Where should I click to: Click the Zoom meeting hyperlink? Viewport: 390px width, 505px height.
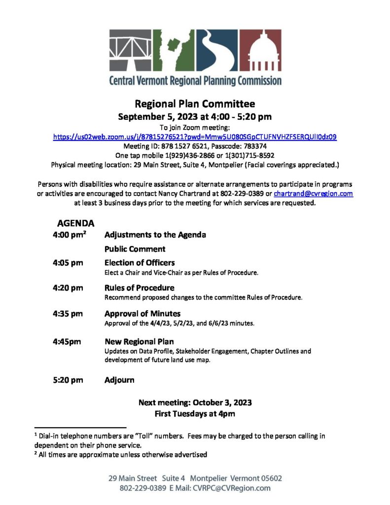pos(195,137)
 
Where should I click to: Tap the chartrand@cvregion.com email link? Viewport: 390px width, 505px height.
pos(313,194)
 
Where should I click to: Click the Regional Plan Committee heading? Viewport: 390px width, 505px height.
pos(195,104)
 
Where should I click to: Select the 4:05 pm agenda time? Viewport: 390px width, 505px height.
pos(68,263)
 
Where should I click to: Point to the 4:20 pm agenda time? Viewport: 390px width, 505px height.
pos(68,288)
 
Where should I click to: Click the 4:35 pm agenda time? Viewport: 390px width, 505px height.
pos(68,314)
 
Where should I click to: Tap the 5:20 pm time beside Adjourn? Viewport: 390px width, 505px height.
pos(68,380)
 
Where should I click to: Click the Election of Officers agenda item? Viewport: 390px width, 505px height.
pos(140,263)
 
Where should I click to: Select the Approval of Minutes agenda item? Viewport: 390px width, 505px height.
pos(142,314)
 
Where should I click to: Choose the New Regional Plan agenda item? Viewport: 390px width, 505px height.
pos(139,341)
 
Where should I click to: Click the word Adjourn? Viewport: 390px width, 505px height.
pos(119,380)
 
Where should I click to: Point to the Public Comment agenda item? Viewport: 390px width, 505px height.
pos(135,249)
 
